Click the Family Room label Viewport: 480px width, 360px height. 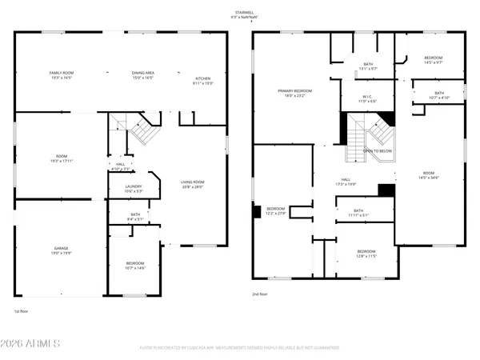62,75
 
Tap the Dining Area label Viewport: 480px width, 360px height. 143,75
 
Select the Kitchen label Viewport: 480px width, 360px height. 203,81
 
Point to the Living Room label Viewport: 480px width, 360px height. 193,184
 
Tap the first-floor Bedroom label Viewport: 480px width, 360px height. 135,266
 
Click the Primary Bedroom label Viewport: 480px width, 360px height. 295,94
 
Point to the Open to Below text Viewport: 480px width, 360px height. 377,150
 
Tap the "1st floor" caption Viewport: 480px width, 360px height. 22,310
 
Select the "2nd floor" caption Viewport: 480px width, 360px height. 260,294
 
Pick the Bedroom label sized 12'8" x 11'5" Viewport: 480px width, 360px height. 365,254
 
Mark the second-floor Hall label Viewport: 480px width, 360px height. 346,182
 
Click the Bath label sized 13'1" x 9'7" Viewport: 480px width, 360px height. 367,66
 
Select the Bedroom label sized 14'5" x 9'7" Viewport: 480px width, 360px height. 433,60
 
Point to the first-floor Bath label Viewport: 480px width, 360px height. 134,216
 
